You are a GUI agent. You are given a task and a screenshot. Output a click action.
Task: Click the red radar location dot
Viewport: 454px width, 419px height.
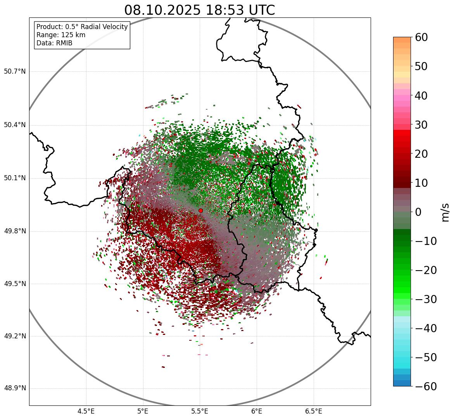point(200,210)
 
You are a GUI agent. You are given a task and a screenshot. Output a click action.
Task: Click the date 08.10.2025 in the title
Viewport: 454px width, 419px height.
point(162,10)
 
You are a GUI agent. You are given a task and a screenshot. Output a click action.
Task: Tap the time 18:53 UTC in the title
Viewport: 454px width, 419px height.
point(239,10)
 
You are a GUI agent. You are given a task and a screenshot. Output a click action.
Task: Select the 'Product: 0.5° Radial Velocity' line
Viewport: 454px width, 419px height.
point(82,27)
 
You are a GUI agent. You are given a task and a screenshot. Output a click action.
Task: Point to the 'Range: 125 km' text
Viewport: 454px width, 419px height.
point(61,35)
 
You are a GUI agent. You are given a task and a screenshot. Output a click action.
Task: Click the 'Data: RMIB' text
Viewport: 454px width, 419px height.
point(54,43)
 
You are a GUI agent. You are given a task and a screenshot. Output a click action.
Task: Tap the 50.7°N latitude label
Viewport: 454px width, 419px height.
point(15,72)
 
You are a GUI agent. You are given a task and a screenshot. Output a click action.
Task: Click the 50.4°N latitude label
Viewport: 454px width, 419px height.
point(15,125)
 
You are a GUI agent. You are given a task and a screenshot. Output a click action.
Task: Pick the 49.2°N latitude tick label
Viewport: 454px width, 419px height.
point(15,336)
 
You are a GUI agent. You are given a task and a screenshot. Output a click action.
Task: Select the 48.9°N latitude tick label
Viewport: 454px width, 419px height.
point(15,388)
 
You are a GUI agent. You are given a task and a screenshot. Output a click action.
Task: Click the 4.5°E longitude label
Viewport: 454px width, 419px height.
point(86,411)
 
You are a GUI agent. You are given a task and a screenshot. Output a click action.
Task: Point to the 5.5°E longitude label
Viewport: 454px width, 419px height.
point(200,411)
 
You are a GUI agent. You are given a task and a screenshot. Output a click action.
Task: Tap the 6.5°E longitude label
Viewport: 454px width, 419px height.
point(313,411)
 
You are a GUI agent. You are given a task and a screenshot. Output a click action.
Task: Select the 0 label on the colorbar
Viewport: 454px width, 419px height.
point(418,212)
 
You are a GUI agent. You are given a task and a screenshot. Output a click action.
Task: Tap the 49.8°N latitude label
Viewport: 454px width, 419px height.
point(15,231)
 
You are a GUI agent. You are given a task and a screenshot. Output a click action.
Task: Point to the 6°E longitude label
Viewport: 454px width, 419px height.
point(257,411)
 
